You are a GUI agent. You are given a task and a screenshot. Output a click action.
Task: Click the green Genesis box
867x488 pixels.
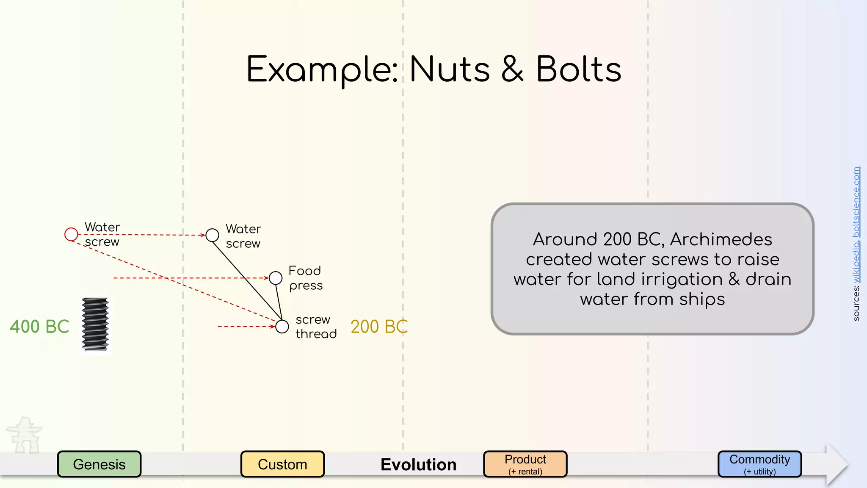(99, 464)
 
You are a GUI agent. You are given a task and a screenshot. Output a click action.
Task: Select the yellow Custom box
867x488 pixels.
(282, 464)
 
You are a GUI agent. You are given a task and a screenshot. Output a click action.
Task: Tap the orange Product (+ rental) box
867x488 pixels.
(525, 464)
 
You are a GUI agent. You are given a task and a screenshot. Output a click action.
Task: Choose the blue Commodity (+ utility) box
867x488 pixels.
(759, 464)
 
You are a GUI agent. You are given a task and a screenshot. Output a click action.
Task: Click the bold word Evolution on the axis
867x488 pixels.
(418, 465)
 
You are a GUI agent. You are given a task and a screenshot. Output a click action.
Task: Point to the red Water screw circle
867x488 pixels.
(71, 234)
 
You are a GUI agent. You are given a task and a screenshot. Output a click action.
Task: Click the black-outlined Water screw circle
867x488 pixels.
(212, 235)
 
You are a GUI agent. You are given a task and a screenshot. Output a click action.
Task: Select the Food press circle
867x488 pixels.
(276, 278)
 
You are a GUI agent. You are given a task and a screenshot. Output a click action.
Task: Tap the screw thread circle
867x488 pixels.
(282, 327)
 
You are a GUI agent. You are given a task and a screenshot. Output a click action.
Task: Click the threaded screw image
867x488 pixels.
(95, 324)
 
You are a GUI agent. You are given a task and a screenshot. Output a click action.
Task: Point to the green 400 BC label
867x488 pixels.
(39, 327)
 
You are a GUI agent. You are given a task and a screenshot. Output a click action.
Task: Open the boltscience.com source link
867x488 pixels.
(856, 202)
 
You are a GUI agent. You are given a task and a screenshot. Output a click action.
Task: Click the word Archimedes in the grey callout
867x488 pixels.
(721, 239)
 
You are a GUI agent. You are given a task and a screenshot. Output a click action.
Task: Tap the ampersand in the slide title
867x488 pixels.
(513, 69)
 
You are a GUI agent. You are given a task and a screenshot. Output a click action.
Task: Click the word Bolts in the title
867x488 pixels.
(579, 69)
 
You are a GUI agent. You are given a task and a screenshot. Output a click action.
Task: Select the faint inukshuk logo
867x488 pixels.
(25, 435)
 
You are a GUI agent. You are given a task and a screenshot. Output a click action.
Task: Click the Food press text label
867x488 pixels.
(305, 278)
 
